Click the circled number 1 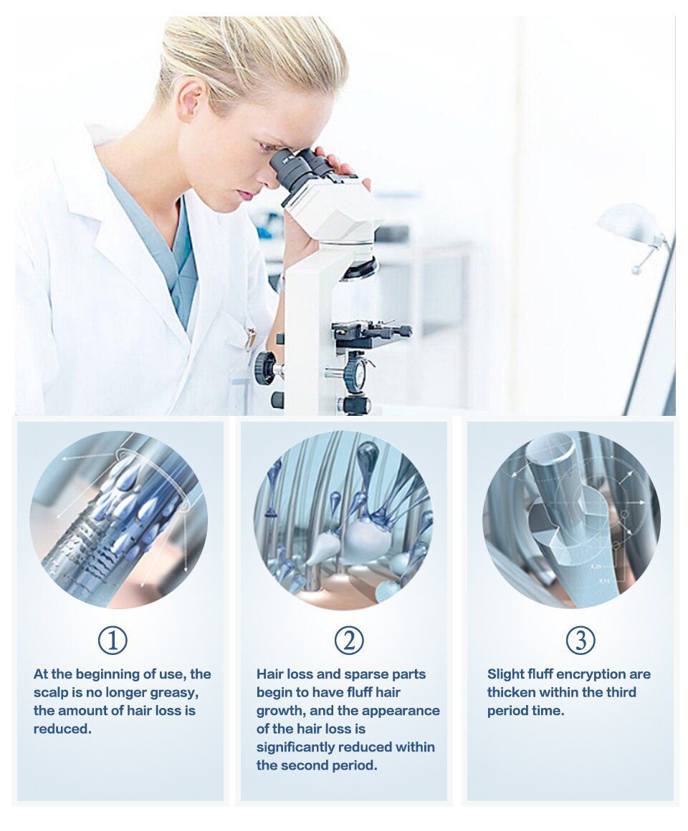(113, 640)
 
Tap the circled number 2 (349, 640)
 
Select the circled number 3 (580, 640)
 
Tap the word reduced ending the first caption (62, 729)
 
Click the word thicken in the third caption (511, 692)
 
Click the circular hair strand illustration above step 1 (118, 520)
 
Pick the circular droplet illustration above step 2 (344, 520)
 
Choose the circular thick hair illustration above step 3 (571, 520)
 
